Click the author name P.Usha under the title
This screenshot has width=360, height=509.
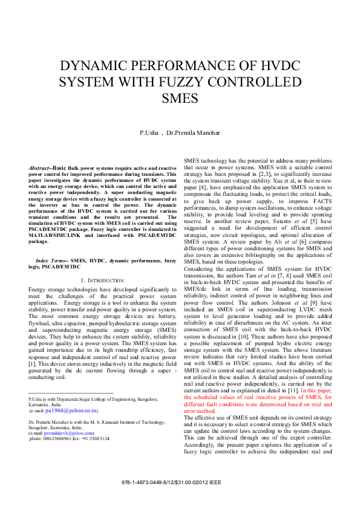click(149, 132)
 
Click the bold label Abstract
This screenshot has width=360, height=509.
click(40, 167)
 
